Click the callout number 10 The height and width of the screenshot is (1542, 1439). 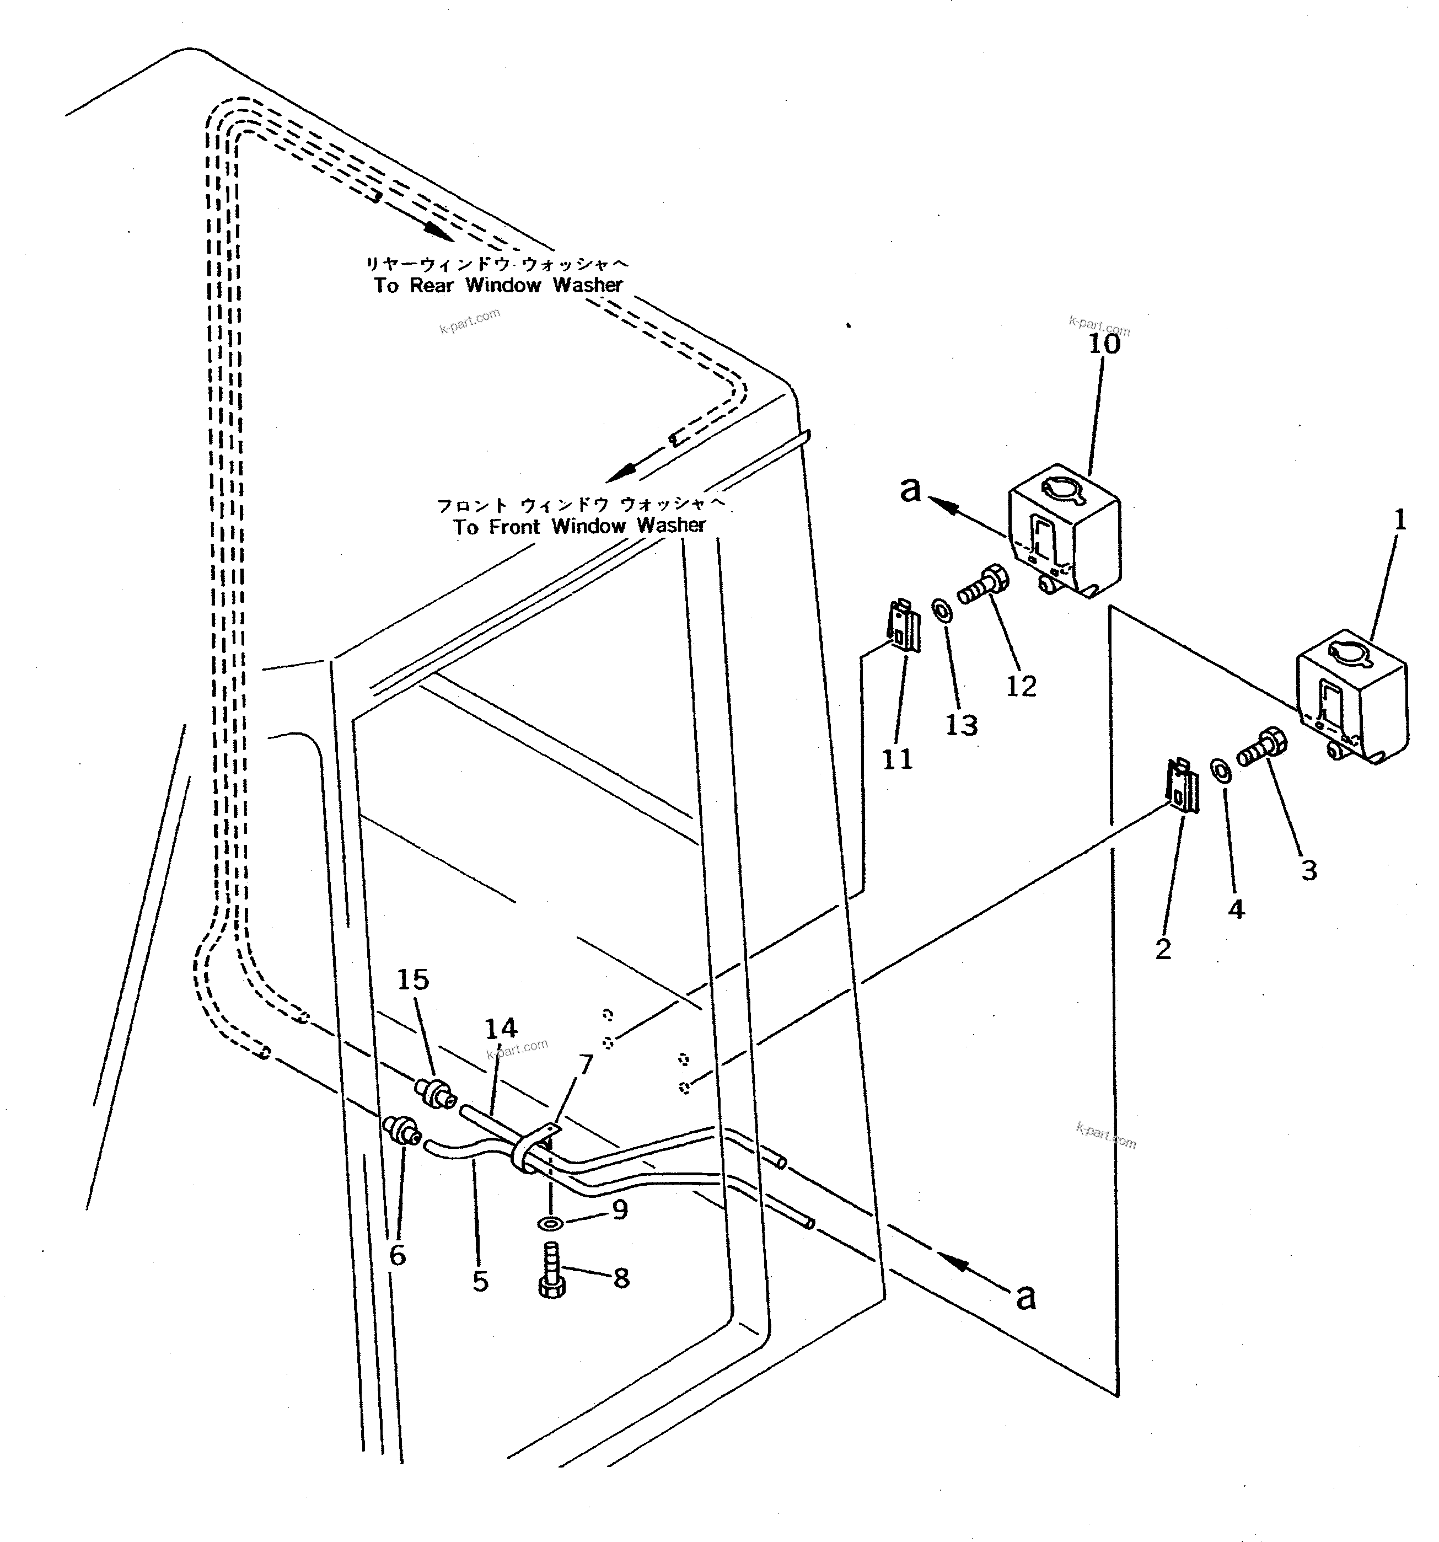tap(1104, 344)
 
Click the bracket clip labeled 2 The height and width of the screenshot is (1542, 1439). tap(1183, 786)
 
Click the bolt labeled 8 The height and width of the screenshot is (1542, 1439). tap(551, 1275)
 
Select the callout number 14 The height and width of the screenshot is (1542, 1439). tap(501, 1029)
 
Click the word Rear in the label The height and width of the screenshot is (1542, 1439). tap(431, 286)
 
